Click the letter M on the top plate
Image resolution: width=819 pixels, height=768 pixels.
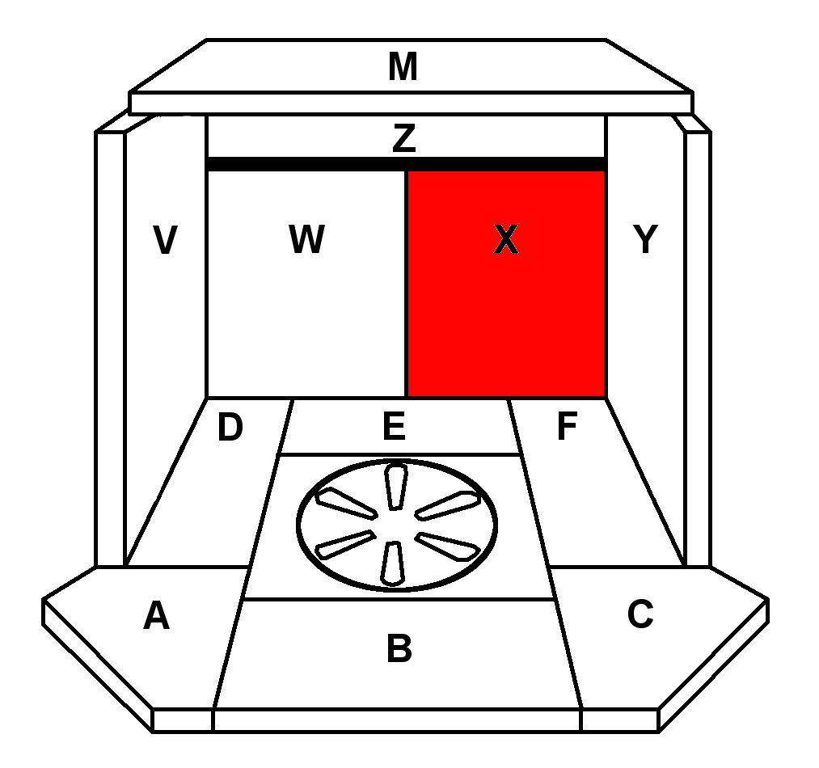coord(403,68)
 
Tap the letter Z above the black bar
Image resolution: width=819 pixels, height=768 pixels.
coord(403,139)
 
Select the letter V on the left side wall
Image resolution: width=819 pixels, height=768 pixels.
coord(165,241)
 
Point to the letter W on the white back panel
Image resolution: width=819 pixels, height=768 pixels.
coord(306,240)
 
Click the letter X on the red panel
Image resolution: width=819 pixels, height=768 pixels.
coord(505,240)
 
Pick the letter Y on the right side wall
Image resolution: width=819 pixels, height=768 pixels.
coord(645,239)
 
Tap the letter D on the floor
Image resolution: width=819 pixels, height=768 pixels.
coord(230,428)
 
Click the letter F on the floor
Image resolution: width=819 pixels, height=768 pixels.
coord(567,428)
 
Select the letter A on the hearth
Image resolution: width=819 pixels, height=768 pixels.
coord(156,617)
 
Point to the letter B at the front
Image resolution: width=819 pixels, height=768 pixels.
coord(399,648)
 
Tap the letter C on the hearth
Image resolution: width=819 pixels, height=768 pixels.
coord(640,615)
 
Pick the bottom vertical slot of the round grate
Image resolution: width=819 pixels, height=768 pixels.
coord(394,563)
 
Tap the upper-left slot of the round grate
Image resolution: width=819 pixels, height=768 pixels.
coord(346,504)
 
